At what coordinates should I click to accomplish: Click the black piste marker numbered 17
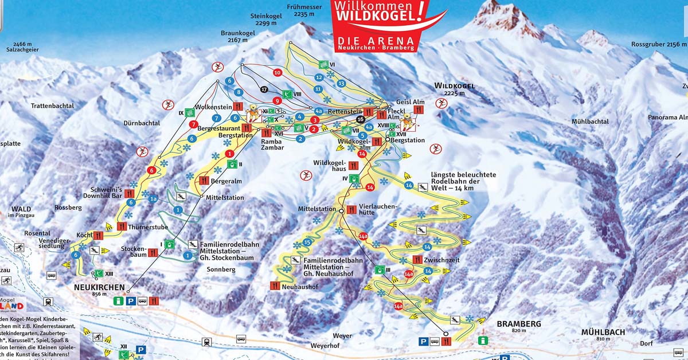pyautogui.click(x=264, y=89)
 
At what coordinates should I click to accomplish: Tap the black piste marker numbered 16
pyautogui.click(x=360, y=119)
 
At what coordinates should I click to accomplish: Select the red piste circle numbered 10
pyautogui.click(x=277, y=73)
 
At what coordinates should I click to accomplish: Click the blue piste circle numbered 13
pyautogui.click(x=341, y=83)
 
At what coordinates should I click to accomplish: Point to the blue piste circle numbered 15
pyautogui.click(x=307, y=242)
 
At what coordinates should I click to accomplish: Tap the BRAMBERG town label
pyautogui.click(x=519, y=324)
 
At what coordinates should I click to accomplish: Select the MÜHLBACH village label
pyautogui.click(x=603, y=332)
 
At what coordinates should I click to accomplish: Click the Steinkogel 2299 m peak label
pyautogui.click(x=267, y=19)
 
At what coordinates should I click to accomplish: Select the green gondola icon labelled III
pyautogui.click(x=379, y=269)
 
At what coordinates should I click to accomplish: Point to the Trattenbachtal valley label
pyautogui.click(x=53, y=106)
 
